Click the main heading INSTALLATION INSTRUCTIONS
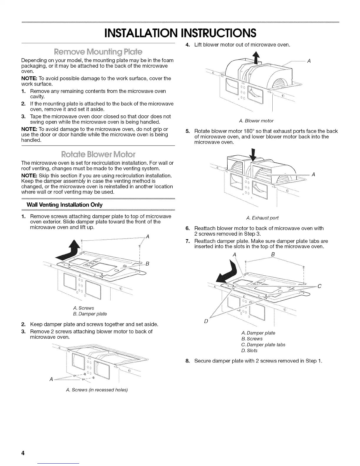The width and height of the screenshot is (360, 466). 180,33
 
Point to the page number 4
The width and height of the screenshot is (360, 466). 22,453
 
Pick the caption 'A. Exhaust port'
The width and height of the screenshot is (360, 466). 262,218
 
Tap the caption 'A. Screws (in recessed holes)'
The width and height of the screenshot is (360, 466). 97,390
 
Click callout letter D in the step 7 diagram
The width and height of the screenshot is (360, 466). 206,321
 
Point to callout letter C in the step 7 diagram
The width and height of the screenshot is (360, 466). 319,286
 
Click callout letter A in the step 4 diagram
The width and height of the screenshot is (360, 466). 309,61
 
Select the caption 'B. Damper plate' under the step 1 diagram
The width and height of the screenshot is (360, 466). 86,314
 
